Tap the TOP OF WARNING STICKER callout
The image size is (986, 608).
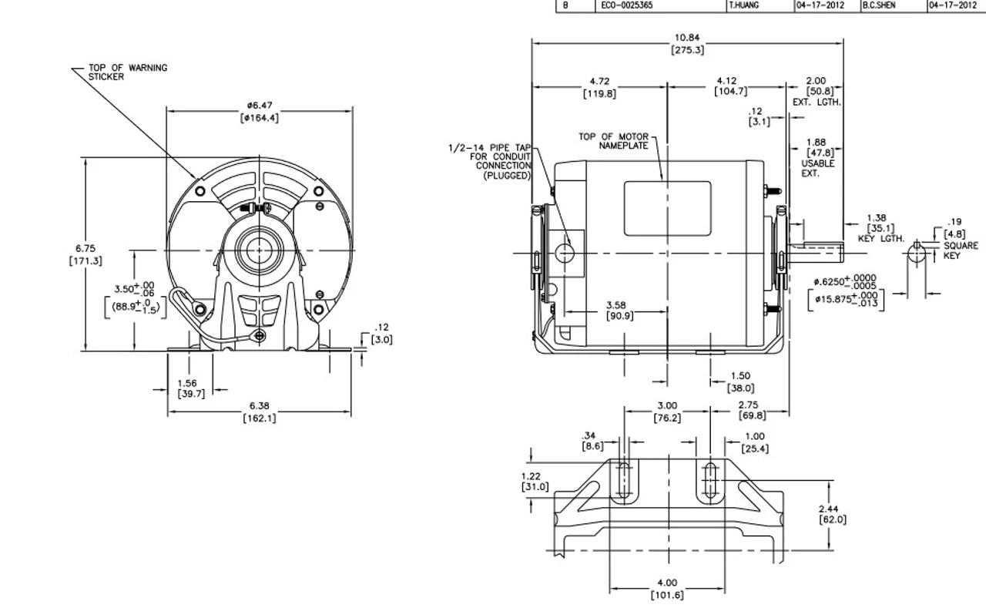(x=128, y=72)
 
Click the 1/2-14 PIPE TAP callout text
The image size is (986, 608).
(x=491, y=160)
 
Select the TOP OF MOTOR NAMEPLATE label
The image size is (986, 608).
(x=614, y=141)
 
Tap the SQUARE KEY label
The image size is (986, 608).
(x=960, y=250)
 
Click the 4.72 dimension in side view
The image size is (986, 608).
(x=600, y=86)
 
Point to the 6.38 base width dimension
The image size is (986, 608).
(x=260, y=412)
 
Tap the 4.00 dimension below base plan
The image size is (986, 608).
(x=667, y=589)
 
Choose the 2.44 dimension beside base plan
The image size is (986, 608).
(x=832, y=514)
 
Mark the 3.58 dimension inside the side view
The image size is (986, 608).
(x=615, y=310)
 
